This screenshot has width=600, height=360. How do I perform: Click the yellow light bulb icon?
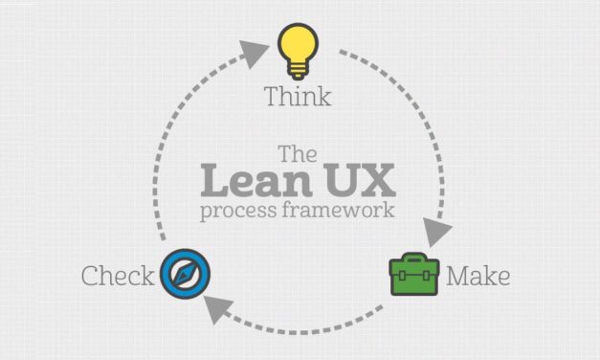pos(298,47)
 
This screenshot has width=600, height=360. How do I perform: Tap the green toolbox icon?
pos(413,276)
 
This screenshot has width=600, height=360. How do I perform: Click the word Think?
pos(298,97)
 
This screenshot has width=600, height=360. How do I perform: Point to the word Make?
pos(478,278)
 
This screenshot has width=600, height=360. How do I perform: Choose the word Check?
pos(118,278)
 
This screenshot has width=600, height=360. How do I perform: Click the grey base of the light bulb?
pos(298,69)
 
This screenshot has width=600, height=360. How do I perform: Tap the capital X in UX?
pos(374,181)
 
